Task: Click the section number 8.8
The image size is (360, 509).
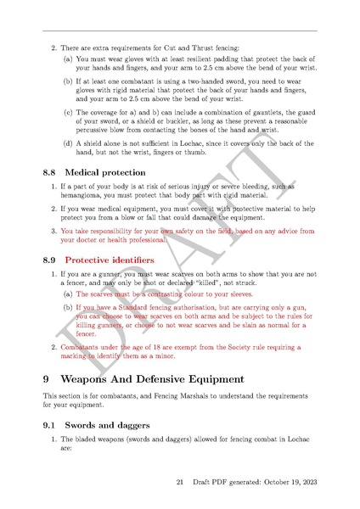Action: tap(51, 172)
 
